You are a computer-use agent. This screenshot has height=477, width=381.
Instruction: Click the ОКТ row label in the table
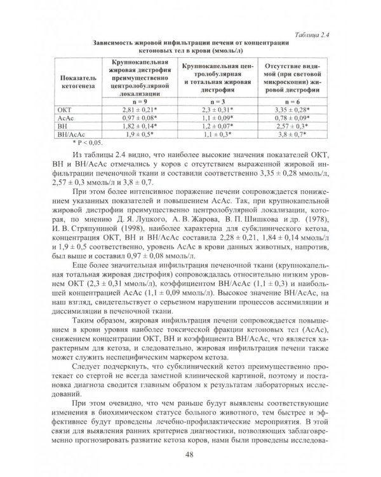point(65,110)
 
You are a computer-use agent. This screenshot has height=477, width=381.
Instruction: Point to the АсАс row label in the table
point(66,118)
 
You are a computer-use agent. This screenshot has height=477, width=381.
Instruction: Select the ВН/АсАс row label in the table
point(69,135)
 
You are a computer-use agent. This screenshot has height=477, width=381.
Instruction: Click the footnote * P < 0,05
point(74,143)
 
